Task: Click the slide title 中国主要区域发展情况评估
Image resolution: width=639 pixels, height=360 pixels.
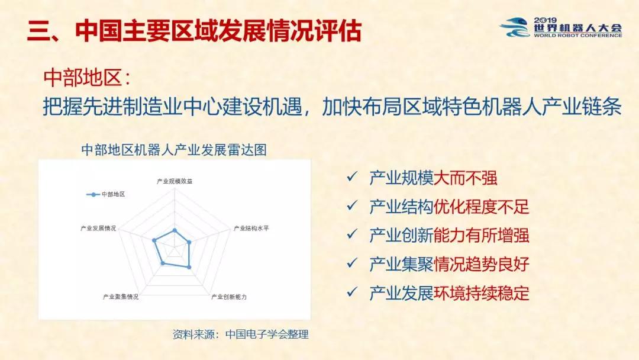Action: pos(218,30)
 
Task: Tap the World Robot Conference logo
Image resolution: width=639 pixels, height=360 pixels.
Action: pos(561,27)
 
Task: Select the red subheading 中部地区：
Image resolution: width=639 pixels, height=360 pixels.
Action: pos(87,77)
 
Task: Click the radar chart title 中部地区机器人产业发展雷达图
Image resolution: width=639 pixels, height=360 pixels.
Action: pos(174,150)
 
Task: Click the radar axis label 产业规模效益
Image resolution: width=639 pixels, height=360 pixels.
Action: pos(175,181)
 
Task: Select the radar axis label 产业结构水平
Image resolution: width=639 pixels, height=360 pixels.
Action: pos(251,229)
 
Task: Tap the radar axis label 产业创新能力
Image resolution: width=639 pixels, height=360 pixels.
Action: pos(228,297)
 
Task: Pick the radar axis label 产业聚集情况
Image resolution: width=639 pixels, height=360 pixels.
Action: pos(121,297)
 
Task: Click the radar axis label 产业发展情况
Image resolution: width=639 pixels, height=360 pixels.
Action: pos(98,229)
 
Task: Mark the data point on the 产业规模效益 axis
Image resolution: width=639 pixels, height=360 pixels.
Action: pos(175,231)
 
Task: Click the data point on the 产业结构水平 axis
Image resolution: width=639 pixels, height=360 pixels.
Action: pos(189,242)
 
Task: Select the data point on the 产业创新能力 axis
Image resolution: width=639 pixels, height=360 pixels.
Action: pos(189,267)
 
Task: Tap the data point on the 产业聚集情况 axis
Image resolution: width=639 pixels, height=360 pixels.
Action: pos(163,263)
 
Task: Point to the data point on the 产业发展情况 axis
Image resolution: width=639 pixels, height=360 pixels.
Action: pos(154,240)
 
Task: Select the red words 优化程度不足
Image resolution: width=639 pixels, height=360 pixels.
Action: pos(481,207)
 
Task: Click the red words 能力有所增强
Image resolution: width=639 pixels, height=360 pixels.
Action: pos(481,236)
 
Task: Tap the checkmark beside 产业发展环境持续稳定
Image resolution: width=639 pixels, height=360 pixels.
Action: pos(351,292)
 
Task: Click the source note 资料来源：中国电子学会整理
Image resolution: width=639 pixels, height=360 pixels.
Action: pos(240,335)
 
